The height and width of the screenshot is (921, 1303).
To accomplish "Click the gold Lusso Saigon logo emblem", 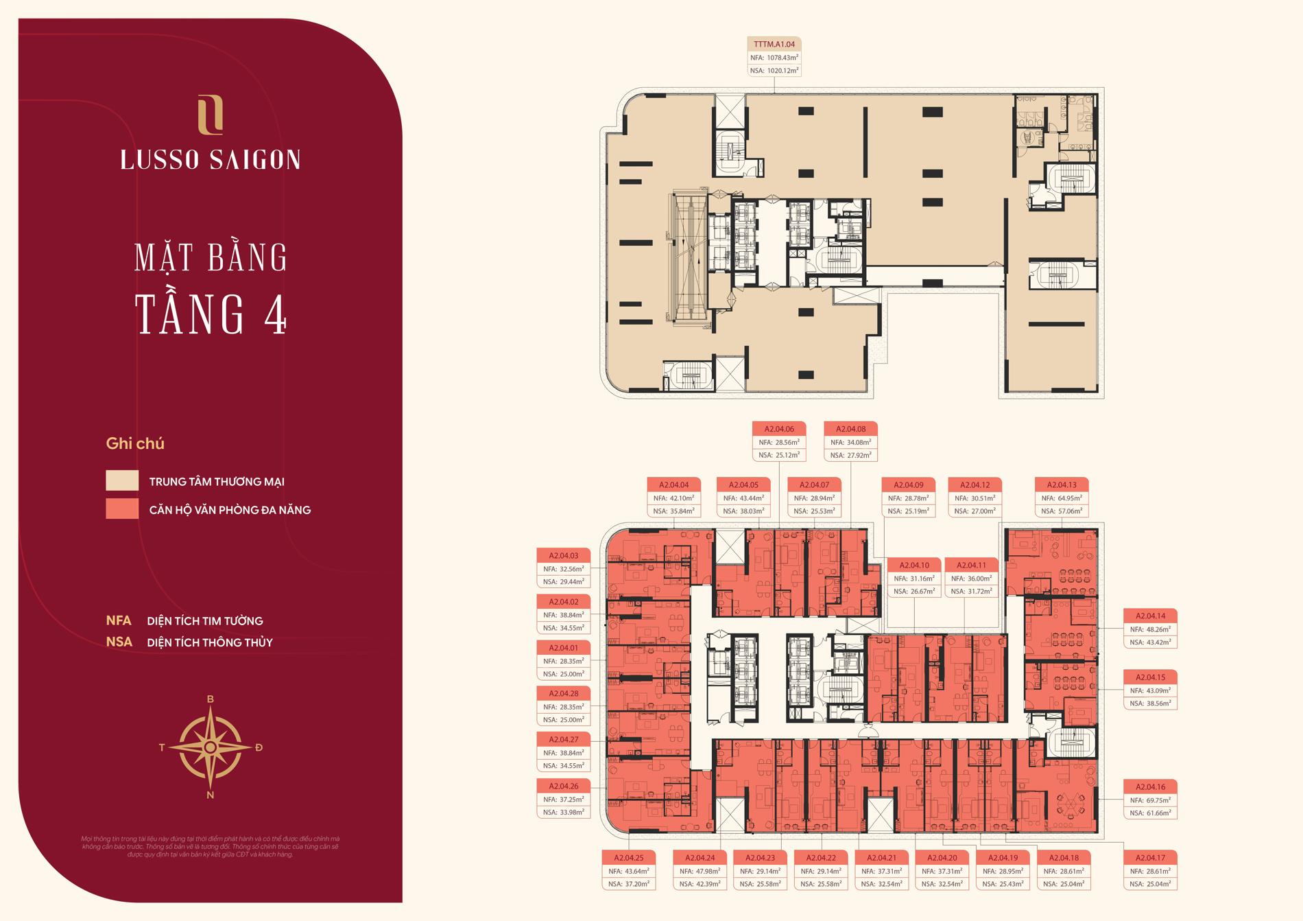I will click(210, 114).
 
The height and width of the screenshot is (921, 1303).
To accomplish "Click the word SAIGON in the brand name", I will click(262, 159).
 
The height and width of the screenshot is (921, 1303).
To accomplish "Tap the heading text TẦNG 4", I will click(211, 314).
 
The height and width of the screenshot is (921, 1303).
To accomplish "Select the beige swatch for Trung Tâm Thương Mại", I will click(122, 480).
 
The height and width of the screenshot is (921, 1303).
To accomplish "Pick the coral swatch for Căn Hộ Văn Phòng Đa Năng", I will click(122, 509).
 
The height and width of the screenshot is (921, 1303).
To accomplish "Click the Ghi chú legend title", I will click(135, 443).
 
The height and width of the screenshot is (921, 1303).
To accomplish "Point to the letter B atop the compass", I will click(211, 699).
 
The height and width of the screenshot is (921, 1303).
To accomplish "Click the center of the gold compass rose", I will click(211, 747).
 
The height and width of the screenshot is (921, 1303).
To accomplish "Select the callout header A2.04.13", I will click(1062, 485).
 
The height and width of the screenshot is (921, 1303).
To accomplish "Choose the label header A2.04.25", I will click(629, 858).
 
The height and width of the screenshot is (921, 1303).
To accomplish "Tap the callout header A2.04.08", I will click(850, 429).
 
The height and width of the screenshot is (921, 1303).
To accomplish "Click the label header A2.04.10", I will click(915, 565).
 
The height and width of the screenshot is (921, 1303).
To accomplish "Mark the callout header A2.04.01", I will click(564, 648).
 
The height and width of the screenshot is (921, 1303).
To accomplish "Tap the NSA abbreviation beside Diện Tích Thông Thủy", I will click(119, 642).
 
